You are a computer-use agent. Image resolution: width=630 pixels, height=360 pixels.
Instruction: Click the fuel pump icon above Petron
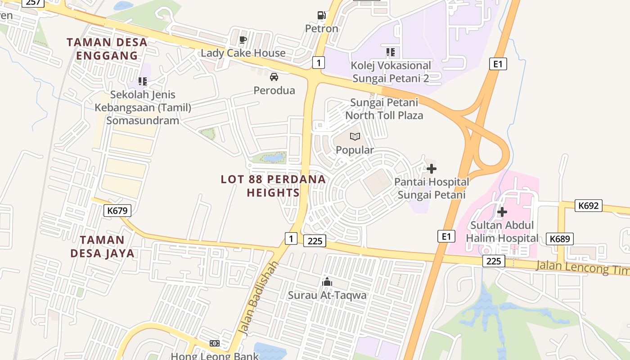pos(321,15)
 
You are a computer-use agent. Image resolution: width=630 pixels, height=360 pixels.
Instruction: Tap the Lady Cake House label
pos(243,53)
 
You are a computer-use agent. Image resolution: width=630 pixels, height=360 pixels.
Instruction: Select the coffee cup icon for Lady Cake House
pos(243,40)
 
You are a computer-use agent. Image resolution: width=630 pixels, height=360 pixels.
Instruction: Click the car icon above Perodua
pos(274,77)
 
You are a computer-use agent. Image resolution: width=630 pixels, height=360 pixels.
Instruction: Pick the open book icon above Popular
pos(355,136)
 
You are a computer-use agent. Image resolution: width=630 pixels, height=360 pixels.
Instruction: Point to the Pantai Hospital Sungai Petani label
pos(432,188)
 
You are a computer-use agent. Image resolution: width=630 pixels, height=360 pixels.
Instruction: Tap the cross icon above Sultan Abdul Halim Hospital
pos(502,211)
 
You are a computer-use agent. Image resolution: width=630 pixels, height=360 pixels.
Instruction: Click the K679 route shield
pos(117,210)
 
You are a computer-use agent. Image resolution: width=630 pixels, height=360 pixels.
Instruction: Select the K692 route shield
pos(589,206)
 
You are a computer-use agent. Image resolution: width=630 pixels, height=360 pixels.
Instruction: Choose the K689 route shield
pos(560,238)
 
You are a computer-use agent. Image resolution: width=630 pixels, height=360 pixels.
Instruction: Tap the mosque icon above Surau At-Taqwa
pos(327,282)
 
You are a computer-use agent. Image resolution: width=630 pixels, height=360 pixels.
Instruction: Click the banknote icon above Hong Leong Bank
pos(215,343)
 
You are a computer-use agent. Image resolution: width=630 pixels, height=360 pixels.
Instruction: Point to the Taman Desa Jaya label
pos(103,246)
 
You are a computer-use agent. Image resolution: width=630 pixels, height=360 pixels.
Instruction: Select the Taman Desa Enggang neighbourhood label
pos(107,49)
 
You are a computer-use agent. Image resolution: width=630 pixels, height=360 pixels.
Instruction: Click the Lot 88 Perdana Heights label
pos(273,185)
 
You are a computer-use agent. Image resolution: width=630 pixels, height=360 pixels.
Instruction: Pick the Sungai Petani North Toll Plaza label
pos(384,109)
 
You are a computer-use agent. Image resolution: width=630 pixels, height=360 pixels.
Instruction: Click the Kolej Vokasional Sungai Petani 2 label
pos(391,72)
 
